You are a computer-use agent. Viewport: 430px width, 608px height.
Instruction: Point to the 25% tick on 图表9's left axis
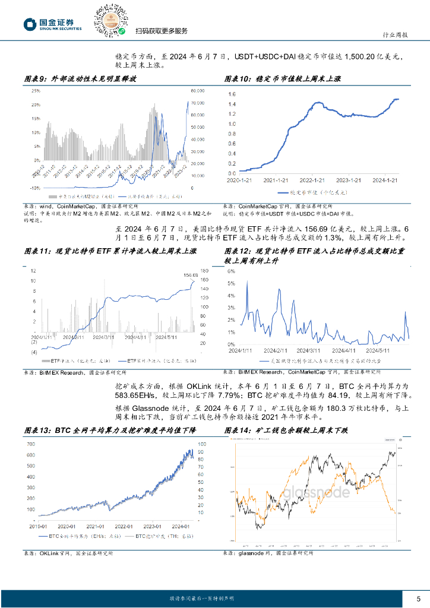tap(36, 91)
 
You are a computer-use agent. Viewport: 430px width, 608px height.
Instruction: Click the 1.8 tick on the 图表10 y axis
tap(232, 94)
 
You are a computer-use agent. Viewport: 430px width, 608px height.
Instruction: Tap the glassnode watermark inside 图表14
tap(315, 492)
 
